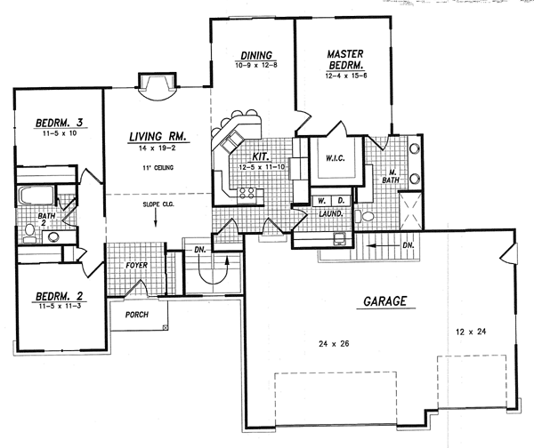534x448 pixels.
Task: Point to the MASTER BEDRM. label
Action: [345, 60]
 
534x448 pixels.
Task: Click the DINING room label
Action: [254, 58]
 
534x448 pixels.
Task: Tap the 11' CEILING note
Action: [157, 168]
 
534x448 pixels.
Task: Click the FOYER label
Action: [135, 266]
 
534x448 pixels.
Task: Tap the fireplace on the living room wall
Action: [153, 83]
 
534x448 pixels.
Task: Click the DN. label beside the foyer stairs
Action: [199, 250]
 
